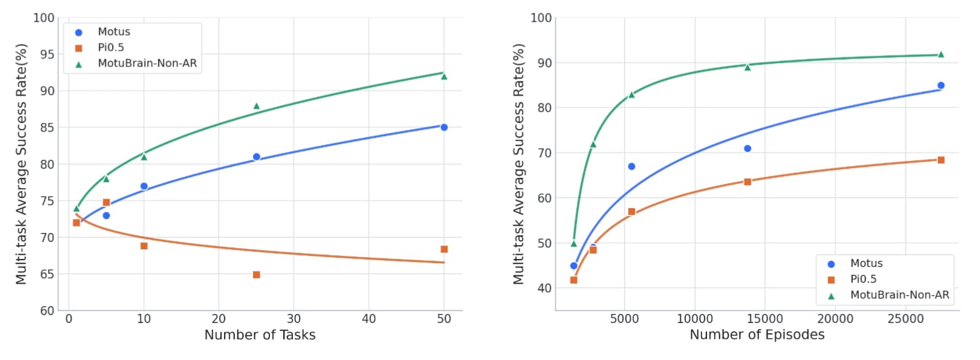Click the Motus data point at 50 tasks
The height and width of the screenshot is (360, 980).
[444, 127]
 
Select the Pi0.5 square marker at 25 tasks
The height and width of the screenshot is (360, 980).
[257, 275]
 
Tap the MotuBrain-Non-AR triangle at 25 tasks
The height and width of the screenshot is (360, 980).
[257, 106]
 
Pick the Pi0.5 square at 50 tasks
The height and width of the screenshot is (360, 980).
[444, 249]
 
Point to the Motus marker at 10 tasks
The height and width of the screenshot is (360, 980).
[144, 186]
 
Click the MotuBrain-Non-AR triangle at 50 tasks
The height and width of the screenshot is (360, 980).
[444, 76]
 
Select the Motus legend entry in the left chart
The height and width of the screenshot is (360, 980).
[114, 32]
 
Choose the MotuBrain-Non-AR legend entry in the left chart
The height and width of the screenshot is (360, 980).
[147, 64]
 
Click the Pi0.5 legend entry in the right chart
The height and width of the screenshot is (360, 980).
[863, 280]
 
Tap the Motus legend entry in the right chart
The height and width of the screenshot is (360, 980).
[866, 264]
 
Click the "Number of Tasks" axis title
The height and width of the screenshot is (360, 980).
[260, 335]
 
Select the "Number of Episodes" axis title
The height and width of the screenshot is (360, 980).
[757, 335]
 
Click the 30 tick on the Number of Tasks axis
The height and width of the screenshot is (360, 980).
[294, 319]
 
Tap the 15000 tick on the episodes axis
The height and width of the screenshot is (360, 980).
[765, 319]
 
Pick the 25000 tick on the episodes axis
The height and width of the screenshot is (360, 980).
[906, 319]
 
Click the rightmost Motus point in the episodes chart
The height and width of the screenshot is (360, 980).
[941, 86]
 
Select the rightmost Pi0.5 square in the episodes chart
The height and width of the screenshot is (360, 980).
[941, 160]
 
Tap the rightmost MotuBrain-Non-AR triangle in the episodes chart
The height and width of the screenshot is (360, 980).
[941, 54]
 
